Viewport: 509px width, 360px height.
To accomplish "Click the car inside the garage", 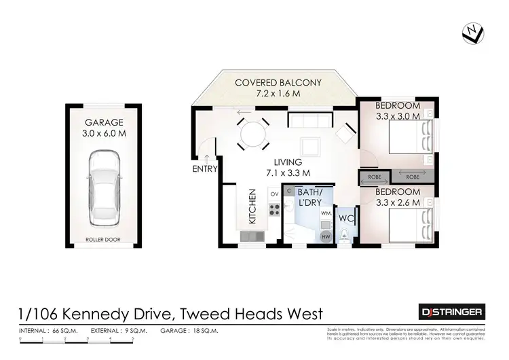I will click(103, 189).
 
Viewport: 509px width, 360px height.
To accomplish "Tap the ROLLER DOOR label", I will click(103, 239).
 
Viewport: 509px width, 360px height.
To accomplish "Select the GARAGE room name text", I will click(103, 123).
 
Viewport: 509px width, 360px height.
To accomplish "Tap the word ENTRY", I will click(204, 169).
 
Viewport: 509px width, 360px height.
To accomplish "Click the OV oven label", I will click(275, 194).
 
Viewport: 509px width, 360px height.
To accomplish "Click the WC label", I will click(345, 219).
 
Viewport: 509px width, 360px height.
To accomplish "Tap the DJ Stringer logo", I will click(450, 312).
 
